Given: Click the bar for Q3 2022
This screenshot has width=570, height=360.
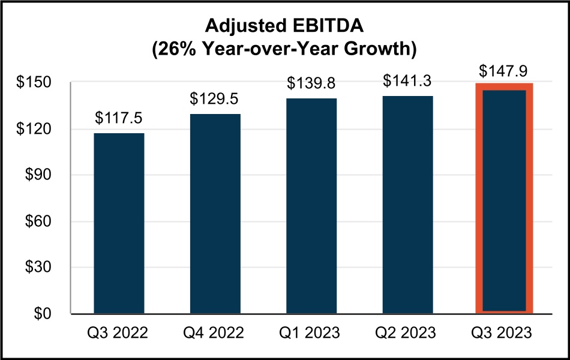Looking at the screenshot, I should click(119, 223).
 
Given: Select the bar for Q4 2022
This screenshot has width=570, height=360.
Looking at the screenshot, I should click(215, 214).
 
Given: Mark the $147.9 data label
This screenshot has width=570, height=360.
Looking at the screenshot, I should click(504, 71).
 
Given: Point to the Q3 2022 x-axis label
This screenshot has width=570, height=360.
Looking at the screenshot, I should click(119, 332).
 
